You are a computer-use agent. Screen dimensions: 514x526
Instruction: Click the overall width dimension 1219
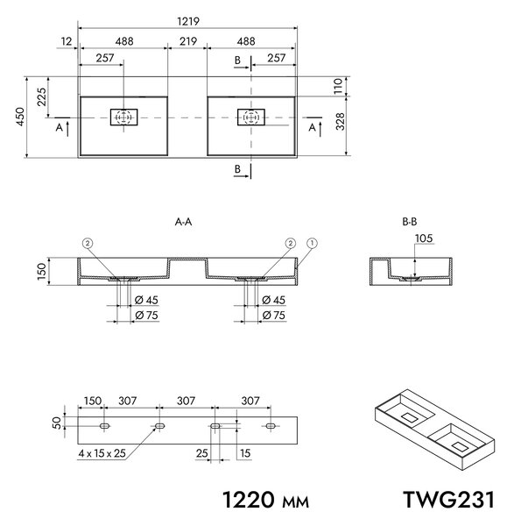188,21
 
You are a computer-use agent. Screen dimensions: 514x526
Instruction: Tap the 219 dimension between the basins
188,41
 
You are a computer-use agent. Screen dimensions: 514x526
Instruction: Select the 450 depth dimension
20,117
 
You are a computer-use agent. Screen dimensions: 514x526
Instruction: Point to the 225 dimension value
41,96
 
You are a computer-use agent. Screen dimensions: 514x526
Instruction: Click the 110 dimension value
338,86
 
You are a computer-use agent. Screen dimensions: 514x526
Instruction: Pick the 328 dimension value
340,122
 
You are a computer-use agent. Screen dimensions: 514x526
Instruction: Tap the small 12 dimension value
67,41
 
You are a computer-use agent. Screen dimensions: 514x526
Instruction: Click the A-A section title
183,222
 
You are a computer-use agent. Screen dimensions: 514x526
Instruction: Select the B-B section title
410,222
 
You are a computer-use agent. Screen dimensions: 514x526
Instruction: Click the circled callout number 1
312,243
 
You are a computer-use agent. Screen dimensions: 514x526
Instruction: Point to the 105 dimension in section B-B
424,238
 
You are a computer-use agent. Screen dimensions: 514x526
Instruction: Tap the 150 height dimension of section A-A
41,272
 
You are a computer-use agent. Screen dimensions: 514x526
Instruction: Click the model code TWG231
448,500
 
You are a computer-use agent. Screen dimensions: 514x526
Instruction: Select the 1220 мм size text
265,500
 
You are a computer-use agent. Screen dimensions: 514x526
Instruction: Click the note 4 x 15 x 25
102,453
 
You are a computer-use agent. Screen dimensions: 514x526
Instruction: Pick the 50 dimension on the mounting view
57,423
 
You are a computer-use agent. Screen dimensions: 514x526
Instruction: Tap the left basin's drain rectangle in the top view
124,117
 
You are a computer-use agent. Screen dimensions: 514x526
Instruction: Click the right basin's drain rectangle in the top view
251,117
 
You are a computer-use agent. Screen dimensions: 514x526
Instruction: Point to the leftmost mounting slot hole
104,426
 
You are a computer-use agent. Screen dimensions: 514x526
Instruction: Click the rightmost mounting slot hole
271,426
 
